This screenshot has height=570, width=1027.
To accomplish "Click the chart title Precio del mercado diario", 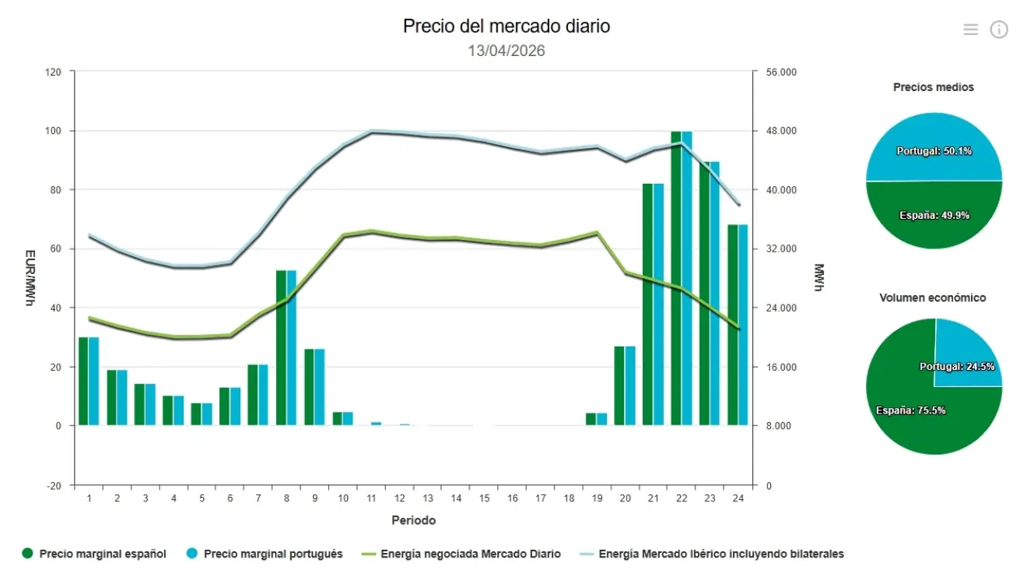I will tap(506, 26).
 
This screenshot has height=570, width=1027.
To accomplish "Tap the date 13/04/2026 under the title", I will tap(506, 51).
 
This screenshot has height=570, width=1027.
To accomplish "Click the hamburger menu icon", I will tap(970, 30).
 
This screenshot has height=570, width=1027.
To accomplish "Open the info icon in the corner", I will tap(998, 30).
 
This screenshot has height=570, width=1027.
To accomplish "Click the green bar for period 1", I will tap(83, 381).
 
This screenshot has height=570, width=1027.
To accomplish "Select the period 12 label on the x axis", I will tap(399, 498).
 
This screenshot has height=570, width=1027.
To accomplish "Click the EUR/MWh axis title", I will tap(30, 278).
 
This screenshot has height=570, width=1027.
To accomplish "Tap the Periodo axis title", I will tap(413, 519).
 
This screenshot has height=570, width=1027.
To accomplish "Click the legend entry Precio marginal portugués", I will tap(273, 554).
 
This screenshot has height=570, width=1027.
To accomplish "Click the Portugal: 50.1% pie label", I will tap(934, 150).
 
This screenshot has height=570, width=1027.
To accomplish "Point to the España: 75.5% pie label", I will tap(910, 410).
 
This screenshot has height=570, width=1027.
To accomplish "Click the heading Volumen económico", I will tap(932, 297).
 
